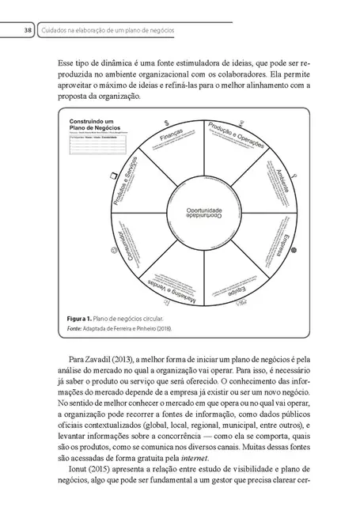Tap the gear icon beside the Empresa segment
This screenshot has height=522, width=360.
(294, 249)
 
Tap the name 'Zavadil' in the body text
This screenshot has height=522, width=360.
(101, 360)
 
